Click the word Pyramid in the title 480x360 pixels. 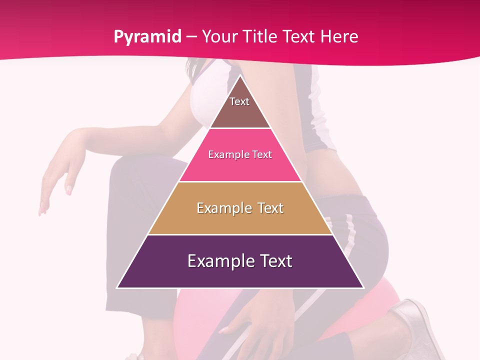pyautogui.click(x=147, y=37)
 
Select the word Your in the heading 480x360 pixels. pyautogui.click(x=219, y=37)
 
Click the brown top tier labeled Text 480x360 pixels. pyautogui.click(x=240, y=107)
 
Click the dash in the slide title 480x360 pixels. pyautogui.click(x=191, y=37)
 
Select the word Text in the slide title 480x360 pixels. pyautogui.click(x=299, y=37)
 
